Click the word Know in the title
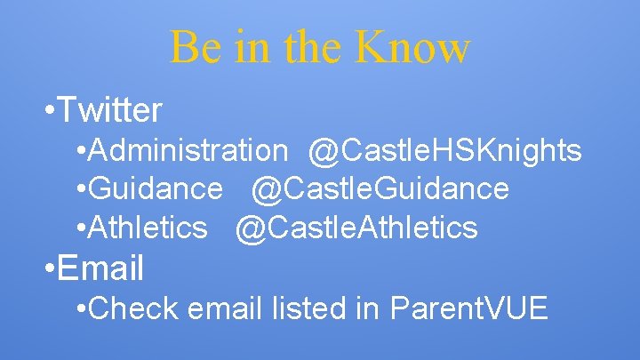[411, 47]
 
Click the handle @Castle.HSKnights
[445, 151]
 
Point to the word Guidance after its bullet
[156, 188]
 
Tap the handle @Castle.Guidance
[380, 188]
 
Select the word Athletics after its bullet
[148, 228]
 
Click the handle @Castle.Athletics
[356, 228]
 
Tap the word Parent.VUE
[469, 308]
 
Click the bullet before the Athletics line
[82, 228]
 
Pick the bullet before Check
[82, 309]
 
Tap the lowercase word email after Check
[222, 308]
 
